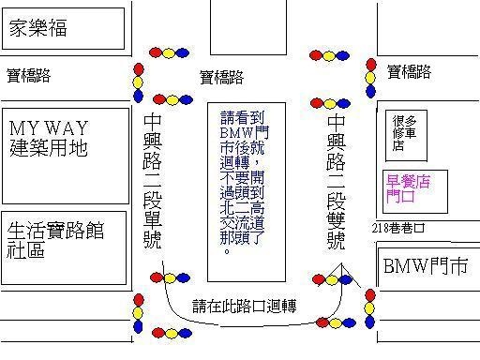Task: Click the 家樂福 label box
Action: [63, 28]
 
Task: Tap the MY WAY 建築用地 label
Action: [49, 138]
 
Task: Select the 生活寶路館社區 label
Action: [55, 240]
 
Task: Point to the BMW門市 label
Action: [426, 266]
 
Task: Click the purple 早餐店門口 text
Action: [408, 188]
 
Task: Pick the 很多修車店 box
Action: [406, 136]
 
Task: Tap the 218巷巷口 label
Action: [398, 228]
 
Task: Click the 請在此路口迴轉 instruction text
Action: [245, 306]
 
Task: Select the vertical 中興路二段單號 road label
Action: [153, 182]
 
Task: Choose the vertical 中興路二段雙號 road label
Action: [337, 182]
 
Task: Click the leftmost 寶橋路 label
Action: [28, 76]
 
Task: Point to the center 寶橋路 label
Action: [221, 77]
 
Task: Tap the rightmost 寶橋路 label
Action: [409, 72]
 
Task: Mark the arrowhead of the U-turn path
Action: [341, 263]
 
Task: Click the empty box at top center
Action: [248, 27]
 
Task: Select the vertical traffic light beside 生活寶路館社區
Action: [138, 313]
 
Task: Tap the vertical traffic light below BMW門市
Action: [369, 308]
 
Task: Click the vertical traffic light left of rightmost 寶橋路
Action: [370, 78]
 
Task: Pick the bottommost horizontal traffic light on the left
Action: [172, 333]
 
